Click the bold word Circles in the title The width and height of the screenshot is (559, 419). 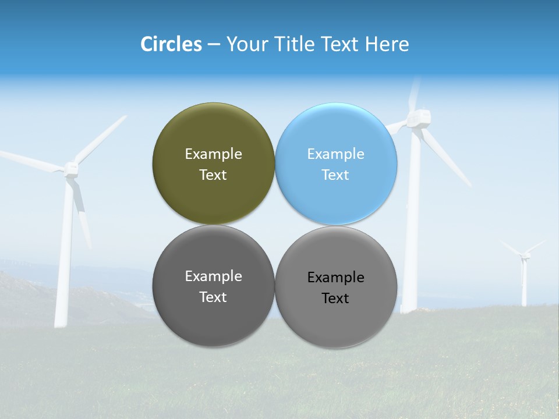(x=171, y=44)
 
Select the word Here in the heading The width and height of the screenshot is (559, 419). (x=387, y=44)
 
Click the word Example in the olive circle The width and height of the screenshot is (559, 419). (x=213, y=154)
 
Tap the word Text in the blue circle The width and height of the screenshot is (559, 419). (x=335, y=175)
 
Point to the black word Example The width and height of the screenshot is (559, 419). (x=335, y=278)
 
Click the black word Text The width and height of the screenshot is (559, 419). (x=335, y=299)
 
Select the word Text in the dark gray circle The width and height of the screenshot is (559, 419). (x=213, y=297)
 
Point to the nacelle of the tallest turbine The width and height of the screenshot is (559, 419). (x=419, y=119)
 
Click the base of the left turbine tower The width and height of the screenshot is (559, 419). (x=61, y=320)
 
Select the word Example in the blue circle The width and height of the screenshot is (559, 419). (x=335, y=154)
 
